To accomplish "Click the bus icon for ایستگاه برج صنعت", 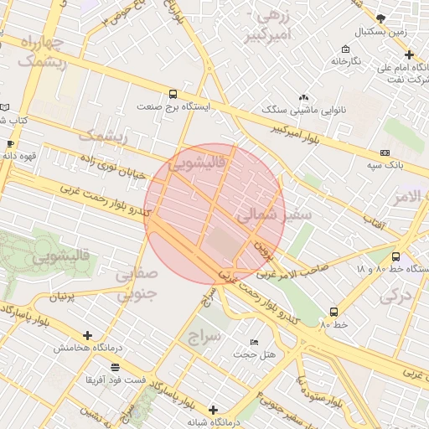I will pos(173,95).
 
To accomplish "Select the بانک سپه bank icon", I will pos(385,152).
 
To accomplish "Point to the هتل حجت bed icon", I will pos(255,343).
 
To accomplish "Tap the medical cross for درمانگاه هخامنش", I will pos(87,335).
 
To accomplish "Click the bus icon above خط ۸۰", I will pos(333,311).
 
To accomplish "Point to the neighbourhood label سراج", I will pos(204,335).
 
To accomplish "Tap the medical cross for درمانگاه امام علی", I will pos(409,54).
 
